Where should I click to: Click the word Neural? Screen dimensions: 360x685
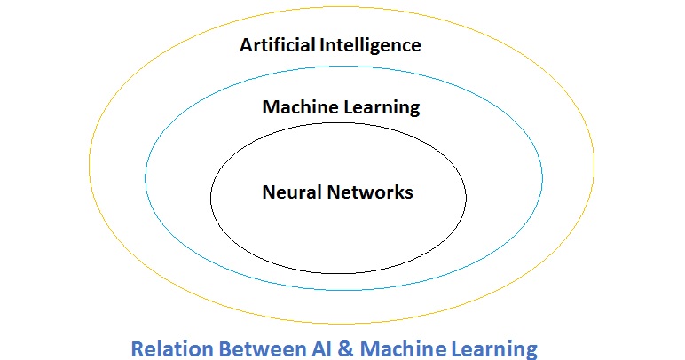click(x=288, y=191)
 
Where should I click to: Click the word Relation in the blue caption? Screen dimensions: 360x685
click(x=167, y=348)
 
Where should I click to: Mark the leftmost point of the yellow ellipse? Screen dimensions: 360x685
click(x=89, y=166)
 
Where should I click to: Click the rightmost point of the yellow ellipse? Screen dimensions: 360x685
click(x=594, y=166)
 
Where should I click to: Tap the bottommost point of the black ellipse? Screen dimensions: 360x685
click(x=338, y=273)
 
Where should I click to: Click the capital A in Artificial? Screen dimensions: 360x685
click(x=247, y=44)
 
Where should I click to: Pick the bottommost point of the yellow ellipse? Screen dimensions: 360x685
click(x=342, y=324)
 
